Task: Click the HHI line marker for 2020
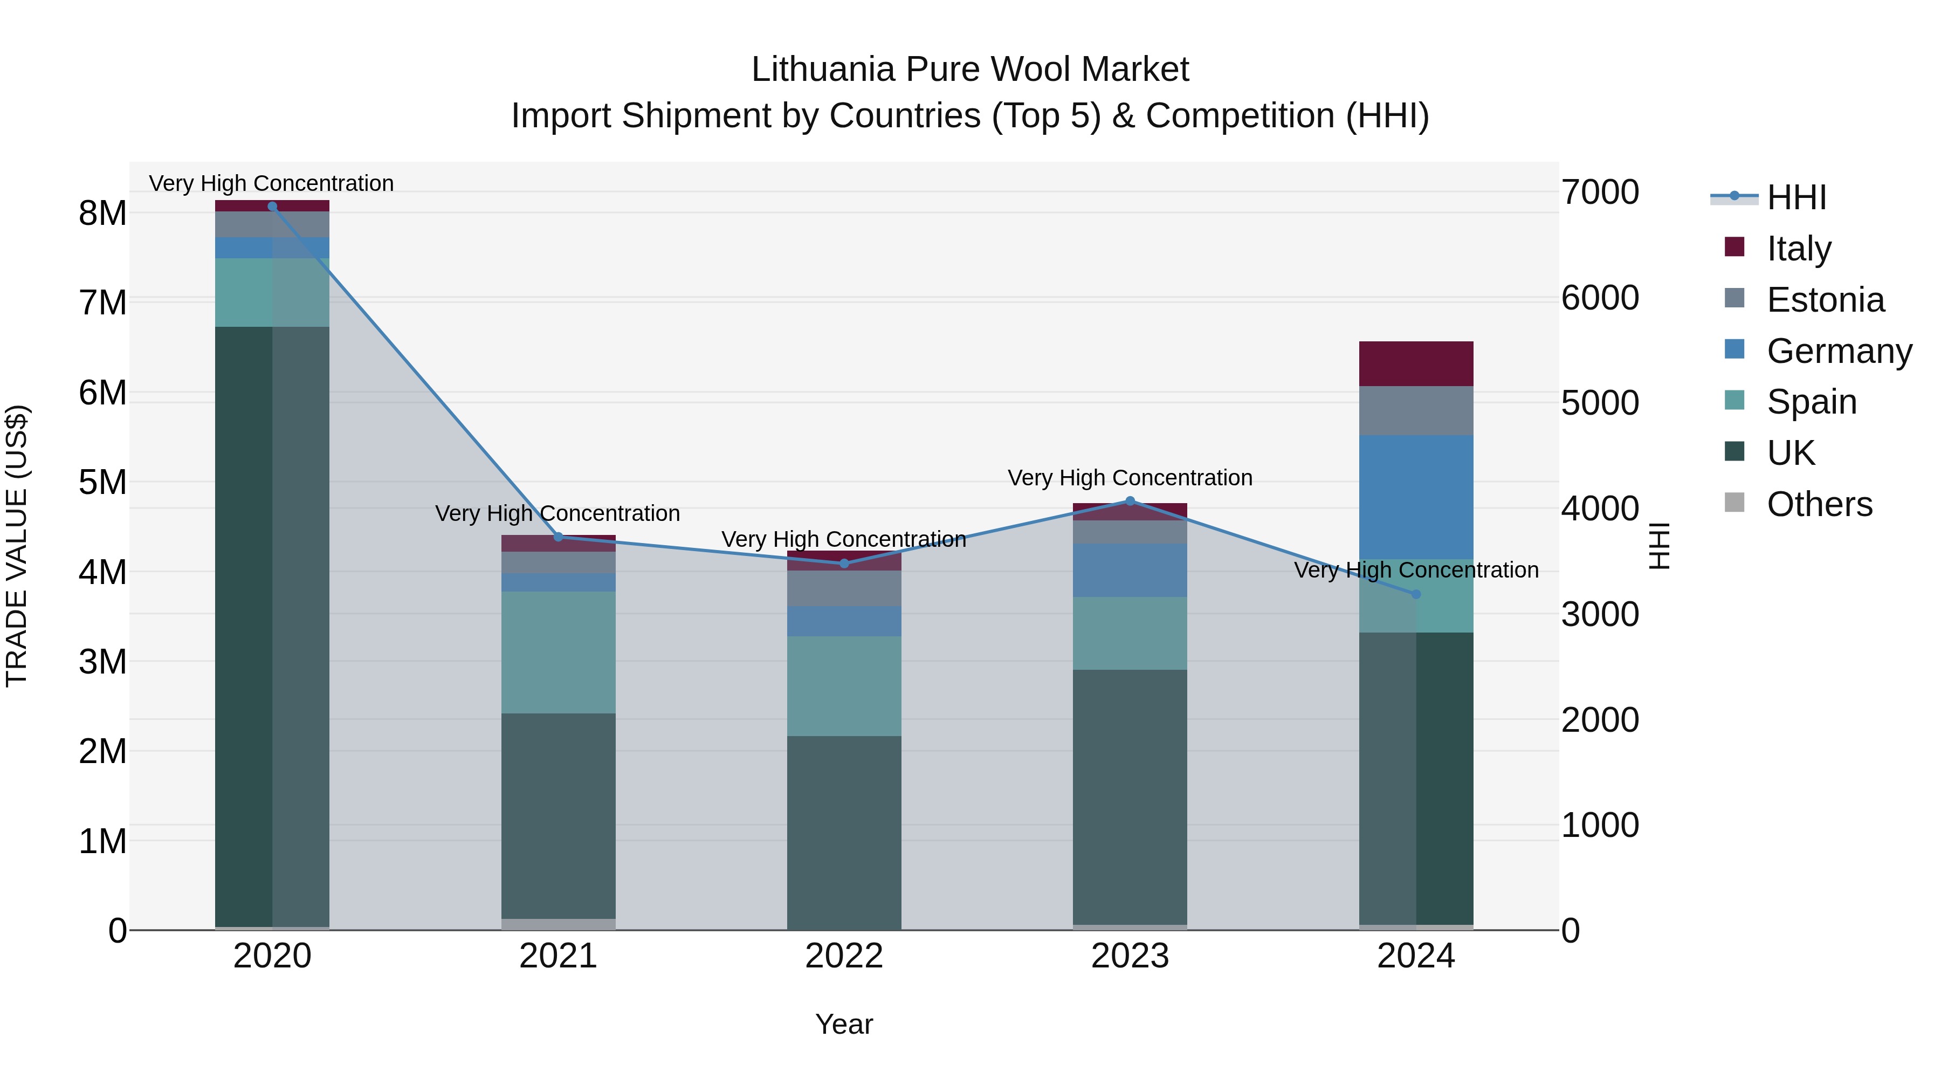(272, 206)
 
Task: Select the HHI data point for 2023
(1130, 500)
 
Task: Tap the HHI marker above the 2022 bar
(844, 564)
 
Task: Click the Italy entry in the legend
(1799, 248)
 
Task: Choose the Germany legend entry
(1839, 351)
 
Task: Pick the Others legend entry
(1819, 504)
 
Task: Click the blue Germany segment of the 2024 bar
(1416, 497)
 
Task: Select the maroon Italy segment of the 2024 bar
(1416, 364)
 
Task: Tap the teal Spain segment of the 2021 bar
(559, 652)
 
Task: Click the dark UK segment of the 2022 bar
(844, 832)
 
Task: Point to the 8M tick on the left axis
(102, 213)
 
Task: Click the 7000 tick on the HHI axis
(1600, 192)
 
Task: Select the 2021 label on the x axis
(559, 956)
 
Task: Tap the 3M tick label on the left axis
(102, 662)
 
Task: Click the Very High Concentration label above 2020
(271, 183)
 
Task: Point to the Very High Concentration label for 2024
(1416, 570)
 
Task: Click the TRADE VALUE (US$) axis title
(17, 546)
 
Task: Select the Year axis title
(844, 1024)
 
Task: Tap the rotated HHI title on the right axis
(1659, 546)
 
